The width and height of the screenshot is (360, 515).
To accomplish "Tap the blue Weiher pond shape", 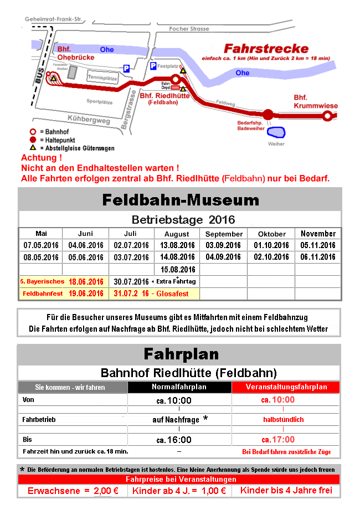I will pos(275,132).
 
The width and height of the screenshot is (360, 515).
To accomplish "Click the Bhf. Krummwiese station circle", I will pos(327,116).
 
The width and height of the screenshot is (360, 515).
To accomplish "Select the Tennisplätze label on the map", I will pos(103,78).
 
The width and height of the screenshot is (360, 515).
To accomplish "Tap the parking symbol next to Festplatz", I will pos(153,66).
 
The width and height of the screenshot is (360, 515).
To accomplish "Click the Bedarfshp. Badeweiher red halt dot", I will pos(268,115).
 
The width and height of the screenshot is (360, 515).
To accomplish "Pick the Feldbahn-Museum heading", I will pos(180,199).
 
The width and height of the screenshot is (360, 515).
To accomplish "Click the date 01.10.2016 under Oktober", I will pos(271,245).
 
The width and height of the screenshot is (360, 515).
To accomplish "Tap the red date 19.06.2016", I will pos(86,293).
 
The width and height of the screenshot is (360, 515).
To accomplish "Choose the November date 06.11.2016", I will pos(318,257).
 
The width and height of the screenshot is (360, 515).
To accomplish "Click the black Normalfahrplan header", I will pos(179,387).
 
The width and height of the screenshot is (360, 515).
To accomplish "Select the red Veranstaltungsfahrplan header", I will pos(286,387).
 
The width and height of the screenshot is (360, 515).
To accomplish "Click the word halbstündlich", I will pos(283,420).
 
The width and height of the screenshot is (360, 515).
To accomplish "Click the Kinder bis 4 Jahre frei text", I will pos(286,491).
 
